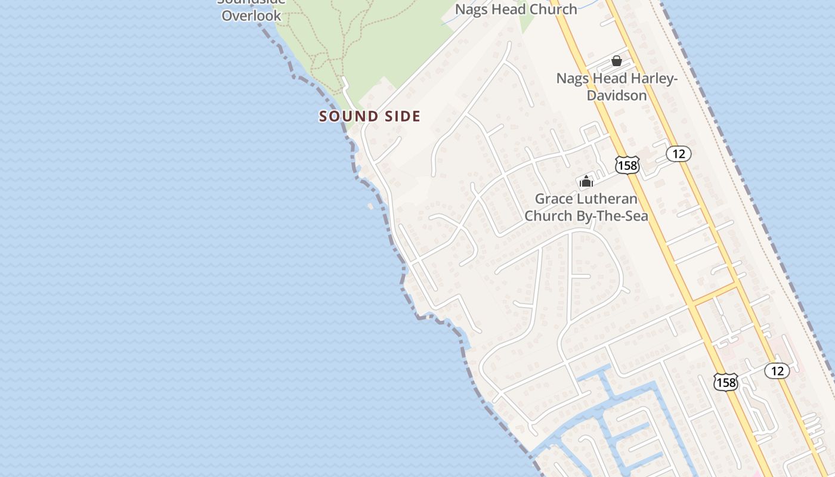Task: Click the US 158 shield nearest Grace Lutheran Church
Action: (627, 165)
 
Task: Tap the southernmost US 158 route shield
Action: (726, 382)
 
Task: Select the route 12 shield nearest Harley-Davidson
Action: (679, 154)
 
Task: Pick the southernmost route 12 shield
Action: (777, 371)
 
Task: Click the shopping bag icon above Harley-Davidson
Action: (617, 61)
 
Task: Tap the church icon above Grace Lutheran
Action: (586, 181)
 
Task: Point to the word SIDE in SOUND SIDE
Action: (401, 116)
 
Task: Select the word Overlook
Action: (251, 16)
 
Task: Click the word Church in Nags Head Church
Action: (552, 9)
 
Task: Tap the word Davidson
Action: (617, 95)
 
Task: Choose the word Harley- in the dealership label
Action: (654, 79)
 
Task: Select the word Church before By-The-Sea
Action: (543, 215)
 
